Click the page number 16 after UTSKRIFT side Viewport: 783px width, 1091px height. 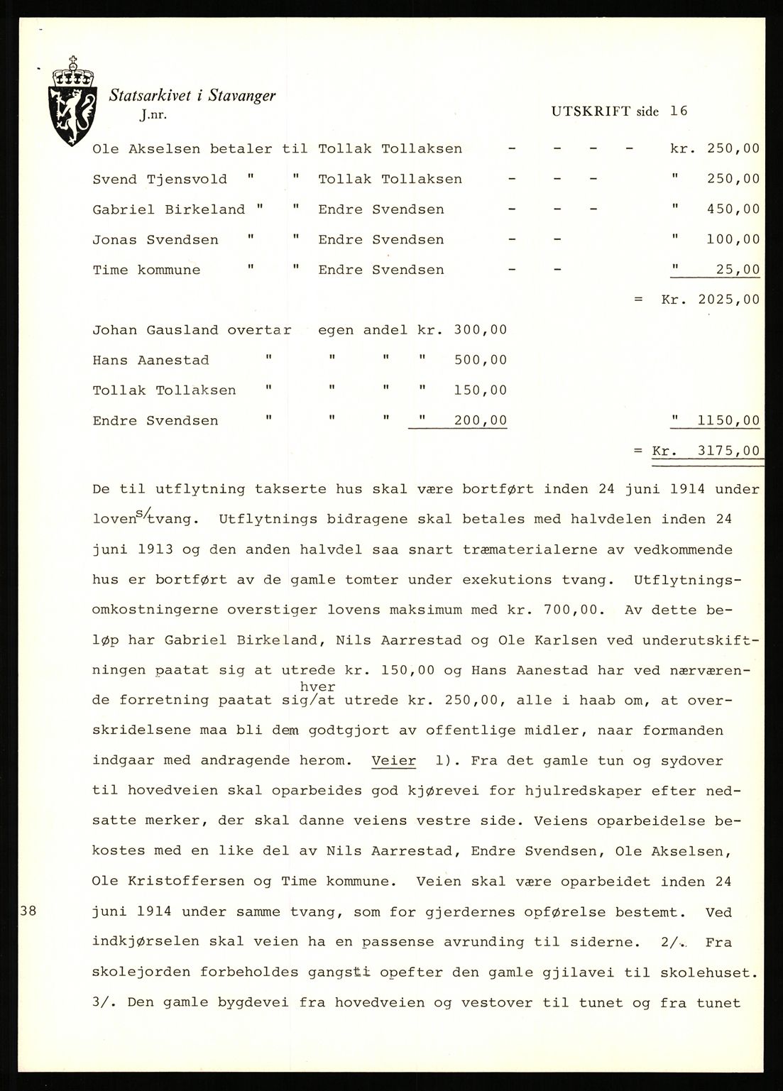coord(678,111)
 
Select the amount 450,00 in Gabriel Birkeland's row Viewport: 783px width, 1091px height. coord(733,209)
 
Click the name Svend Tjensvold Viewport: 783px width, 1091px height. coord(160,179)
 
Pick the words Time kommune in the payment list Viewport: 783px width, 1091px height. coord(146,270)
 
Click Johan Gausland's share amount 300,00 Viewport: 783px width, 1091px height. coord(481,330)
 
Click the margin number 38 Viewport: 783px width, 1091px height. coord(26,911)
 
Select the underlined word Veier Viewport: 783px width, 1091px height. coord(393,760)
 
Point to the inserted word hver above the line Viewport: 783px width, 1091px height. coord(317,687)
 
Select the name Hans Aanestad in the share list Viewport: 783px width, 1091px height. coord(150,360)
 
